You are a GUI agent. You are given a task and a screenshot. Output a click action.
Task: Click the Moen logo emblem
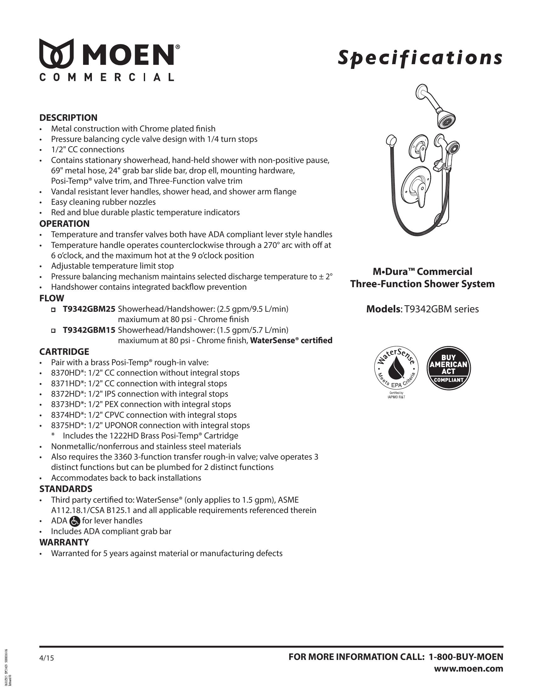[56, 53]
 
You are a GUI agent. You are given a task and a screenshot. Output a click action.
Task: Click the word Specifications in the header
[420, 58]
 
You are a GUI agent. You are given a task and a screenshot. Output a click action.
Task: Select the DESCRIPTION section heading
[68, 118]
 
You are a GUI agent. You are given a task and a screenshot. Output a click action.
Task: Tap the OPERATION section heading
[64, 224]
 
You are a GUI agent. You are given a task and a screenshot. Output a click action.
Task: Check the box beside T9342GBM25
[53, 309]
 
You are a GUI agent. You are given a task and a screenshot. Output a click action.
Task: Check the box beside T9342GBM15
[53, 331]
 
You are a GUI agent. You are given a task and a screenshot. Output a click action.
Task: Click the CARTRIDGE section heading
[64, 352]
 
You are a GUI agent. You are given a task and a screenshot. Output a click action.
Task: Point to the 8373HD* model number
[65, 404]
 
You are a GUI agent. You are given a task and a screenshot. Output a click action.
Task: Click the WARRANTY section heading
[64, 542]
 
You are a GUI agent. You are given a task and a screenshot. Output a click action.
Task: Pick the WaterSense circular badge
[396, 368]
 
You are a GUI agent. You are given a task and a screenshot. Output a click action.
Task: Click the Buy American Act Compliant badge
[448, 368]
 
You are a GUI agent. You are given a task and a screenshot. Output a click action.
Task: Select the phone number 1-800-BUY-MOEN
[466, 657]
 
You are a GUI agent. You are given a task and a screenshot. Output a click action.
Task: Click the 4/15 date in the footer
[47, 658]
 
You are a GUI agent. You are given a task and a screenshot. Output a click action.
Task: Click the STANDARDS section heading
[65, 489]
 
